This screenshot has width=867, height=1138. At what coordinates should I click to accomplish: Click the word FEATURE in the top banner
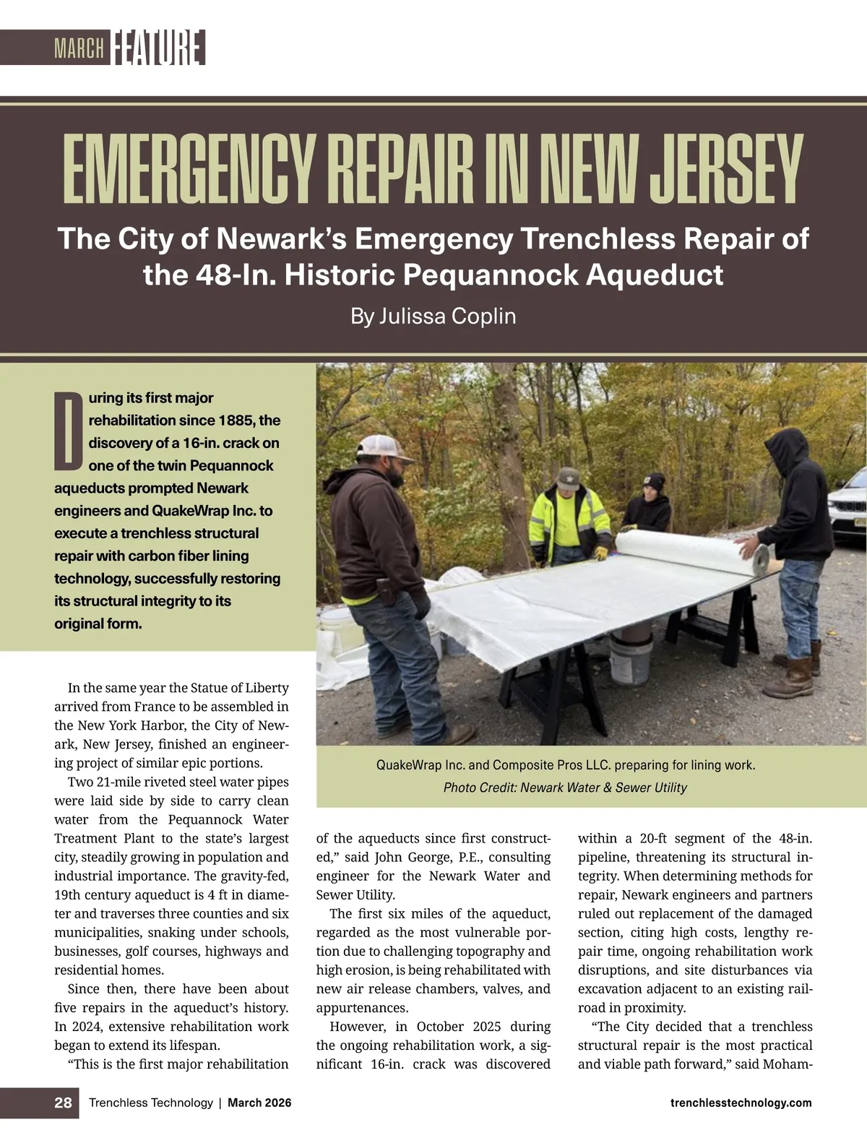[x=158, y=48]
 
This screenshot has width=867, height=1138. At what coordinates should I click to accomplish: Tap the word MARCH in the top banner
[x=79, y=49]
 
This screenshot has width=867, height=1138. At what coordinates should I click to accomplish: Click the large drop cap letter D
[x=69, y=429]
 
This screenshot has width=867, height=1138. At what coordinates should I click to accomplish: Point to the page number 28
[x=63, y=1103]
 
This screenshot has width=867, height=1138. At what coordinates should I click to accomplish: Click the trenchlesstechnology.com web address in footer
[x=741, y=1103]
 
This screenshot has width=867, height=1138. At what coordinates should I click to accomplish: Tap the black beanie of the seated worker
[x=655, y=482]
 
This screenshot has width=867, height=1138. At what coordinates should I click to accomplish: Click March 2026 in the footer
[x=259, y=1103]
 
